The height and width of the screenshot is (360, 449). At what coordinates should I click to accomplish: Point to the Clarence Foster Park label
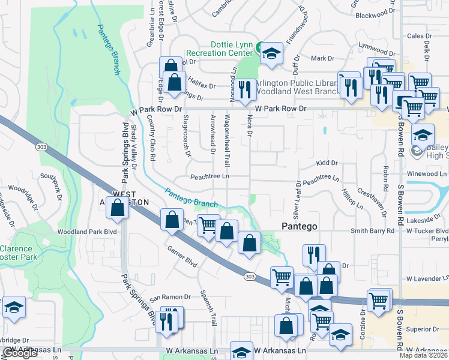point(19,252)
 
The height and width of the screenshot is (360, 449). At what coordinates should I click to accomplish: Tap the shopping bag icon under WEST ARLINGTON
point(119,208)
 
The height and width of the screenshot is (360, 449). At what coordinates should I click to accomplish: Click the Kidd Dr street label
point(327,163)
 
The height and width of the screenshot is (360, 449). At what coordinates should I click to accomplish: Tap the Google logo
point(20,353)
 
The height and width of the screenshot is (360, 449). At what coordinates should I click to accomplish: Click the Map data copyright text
point(423,355)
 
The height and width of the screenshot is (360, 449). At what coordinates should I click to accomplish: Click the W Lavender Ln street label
point(427,279)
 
